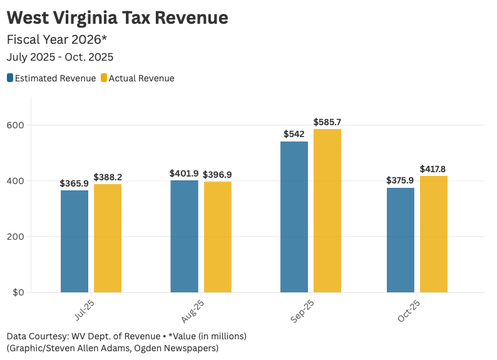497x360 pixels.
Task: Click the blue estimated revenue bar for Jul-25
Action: coord(74,241)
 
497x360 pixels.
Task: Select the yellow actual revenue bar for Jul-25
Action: coord(108,238)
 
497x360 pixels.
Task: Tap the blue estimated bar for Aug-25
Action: coord(184,236)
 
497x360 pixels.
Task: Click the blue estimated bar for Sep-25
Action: coord(294,217)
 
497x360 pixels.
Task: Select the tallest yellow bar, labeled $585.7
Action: coord(327,210)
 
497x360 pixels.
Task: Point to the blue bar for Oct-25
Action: coord(401,240)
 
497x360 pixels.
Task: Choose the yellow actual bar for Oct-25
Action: coord(434,234)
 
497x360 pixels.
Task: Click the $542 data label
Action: coord(294,134)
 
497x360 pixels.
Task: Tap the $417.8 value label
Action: coord(433,169)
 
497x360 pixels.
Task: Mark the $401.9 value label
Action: coord(184,173)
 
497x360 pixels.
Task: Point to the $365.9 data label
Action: coord(74,183)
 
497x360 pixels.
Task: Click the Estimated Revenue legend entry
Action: coord(51,78)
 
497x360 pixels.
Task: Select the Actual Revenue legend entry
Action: coord(137,78)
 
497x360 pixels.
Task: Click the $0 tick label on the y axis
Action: coord(18,292)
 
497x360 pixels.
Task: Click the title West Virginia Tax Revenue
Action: coord(117,18)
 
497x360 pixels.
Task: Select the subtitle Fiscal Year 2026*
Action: coord(57,39)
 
